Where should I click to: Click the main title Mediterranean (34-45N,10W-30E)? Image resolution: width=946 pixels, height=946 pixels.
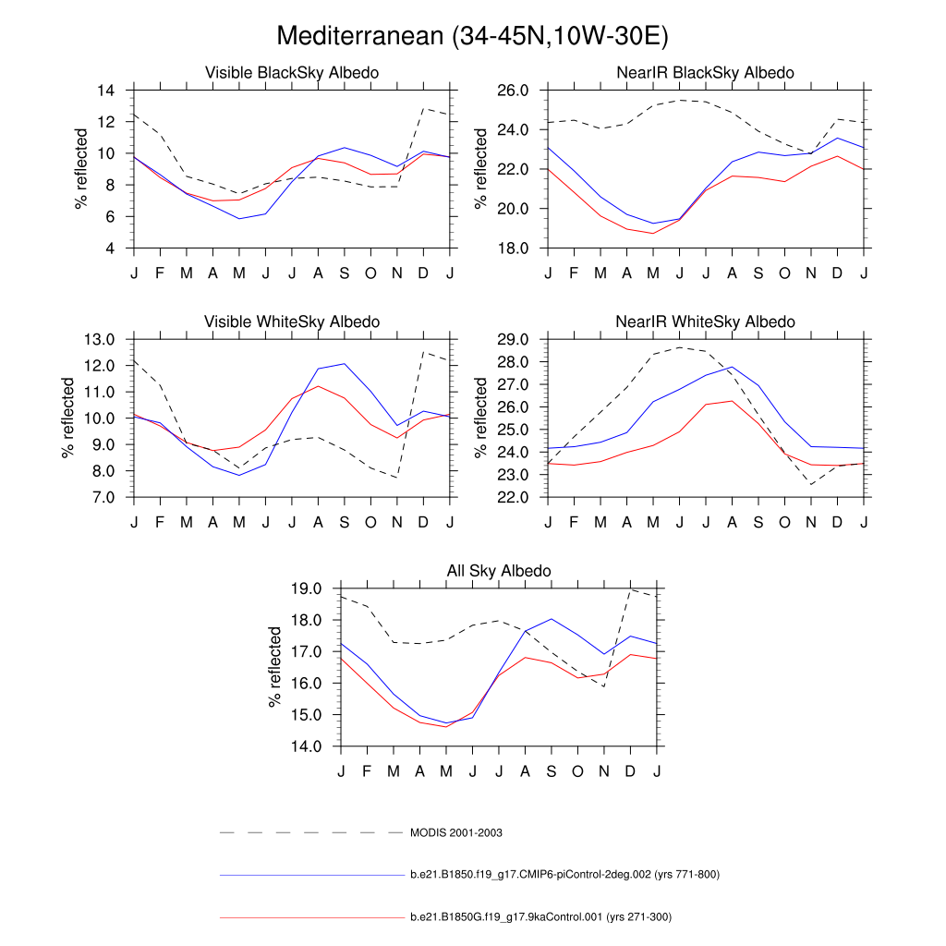click(x=472, y=36)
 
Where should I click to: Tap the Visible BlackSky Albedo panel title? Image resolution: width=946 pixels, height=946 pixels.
click(x=291, y=73)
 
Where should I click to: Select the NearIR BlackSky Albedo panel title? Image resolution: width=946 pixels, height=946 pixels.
click(x=705, y=73)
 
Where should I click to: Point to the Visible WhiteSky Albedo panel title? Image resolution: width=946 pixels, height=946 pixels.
click(x=291, y=321)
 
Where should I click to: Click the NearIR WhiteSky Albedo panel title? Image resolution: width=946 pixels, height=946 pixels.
click(x=705, y=321)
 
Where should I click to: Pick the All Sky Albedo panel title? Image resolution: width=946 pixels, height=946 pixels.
click(x=499, y=571)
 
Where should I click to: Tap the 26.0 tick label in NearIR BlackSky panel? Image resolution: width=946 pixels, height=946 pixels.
click(x=511, y=91)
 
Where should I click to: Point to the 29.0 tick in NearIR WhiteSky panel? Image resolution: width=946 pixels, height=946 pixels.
click(x=511, y=339)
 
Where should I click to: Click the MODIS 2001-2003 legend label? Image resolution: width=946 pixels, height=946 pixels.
click(x=456, y=832)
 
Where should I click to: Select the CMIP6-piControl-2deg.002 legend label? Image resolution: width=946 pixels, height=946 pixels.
click(x=564, y=875)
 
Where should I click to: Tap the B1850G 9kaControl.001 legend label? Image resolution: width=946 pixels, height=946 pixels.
click(x=540, y=917)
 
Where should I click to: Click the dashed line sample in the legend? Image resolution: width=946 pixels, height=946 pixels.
click(x=310, y=832)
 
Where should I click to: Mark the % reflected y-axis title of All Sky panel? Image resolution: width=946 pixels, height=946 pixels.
click(x=275, y=667)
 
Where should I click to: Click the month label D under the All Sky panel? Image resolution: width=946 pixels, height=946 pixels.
click(x=630, y=771)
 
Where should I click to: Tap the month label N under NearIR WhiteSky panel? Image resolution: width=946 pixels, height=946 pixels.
click(x=811, y=523)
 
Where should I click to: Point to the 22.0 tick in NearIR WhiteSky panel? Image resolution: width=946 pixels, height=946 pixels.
click(x=511, y=497)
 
